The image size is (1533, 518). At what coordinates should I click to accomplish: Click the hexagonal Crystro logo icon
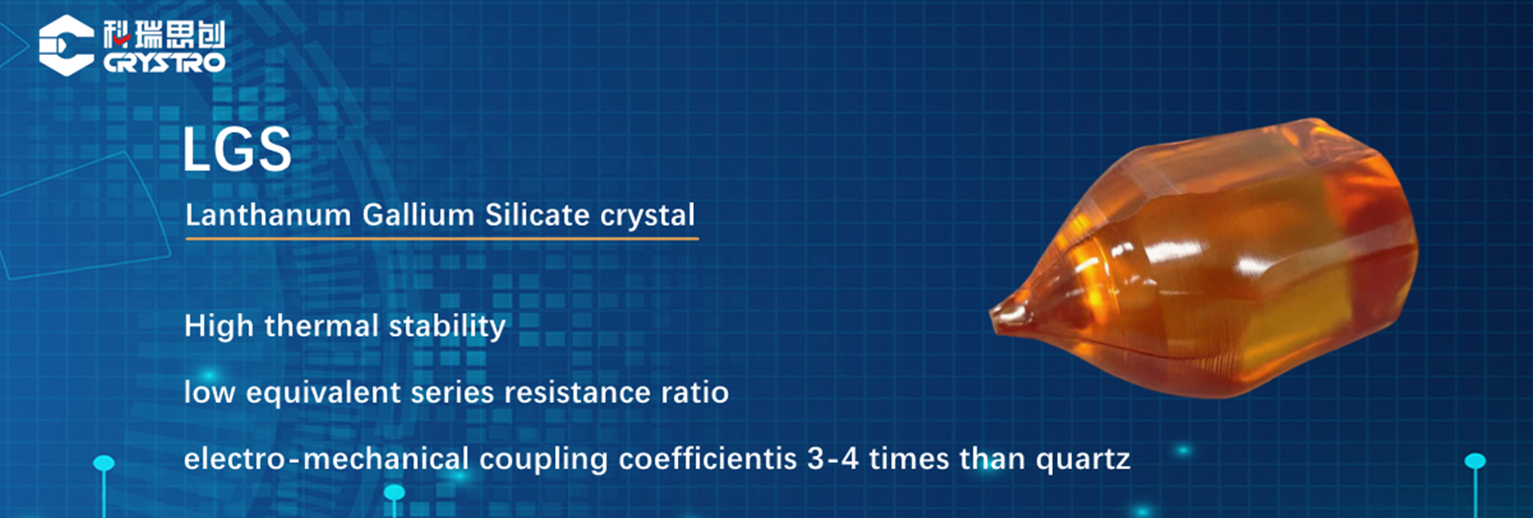66,45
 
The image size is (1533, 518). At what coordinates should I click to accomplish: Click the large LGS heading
237,149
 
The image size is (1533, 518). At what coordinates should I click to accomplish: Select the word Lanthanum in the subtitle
268,215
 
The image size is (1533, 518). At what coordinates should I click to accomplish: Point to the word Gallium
418,215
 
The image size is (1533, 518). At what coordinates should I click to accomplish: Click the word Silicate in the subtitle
537,215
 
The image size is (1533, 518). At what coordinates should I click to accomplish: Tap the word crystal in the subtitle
648,216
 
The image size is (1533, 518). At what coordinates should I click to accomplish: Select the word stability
447,326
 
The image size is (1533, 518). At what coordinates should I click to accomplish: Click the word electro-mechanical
327,459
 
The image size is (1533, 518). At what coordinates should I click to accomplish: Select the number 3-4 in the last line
833,459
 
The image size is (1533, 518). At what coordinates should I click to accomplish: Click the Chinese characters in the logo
164,34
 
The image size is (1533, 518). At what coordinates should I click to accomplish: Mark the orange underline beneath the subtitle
442,238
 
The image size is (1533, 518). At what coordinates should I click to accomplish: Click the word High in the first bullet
219,326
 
